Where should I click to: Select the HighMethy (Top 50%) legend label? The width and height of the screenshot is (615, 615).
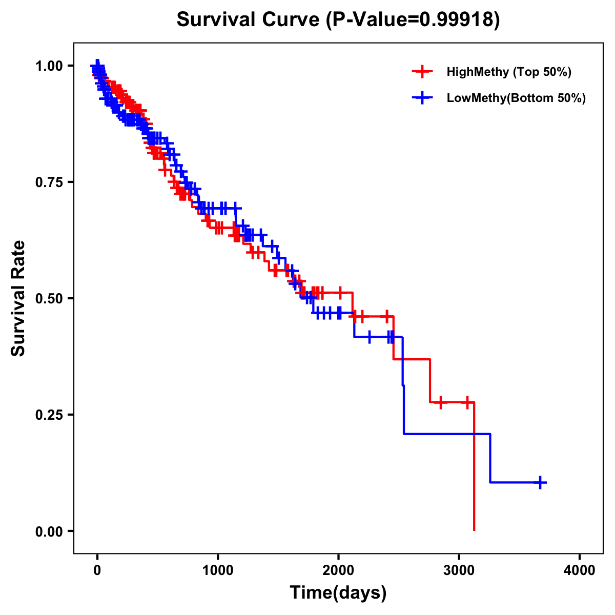(x=508, y=72)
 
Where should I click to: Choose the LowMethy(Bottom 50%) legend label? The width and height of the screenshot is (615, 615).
(x=516, y=98)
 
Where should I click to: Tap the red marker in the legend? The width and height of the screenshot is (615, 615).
(x=422, y=72)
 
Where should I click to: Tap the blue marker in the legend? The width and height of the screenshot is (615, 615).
(x=422, y=98)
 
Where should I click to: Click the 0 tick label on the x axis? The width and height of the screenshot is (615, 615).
(x=97, y=570)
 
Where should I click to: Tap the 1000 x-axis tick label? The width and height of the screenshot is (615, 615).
(x=218, y=570)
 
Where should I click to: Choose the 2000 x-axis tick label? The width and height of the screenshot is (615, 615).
(x=338, y=570)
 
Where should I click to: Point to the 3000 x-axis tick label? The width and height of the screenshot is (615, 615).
(x=459, y=570)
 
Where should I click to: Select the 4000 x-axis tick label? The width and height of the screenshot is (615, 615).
(x=580, y=570)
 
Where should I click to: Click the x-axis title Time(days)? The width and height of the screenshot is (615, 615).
(x=338, y=593)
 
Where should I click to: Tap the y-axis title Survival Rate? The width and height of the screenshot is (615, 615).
(x=18, y=298)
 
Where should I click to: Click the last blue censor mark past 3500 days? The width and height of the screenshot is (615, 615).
(x=540, y=482)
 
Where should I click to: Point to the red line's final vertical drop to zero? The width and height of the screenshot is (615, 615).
(x=474, y=466)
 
